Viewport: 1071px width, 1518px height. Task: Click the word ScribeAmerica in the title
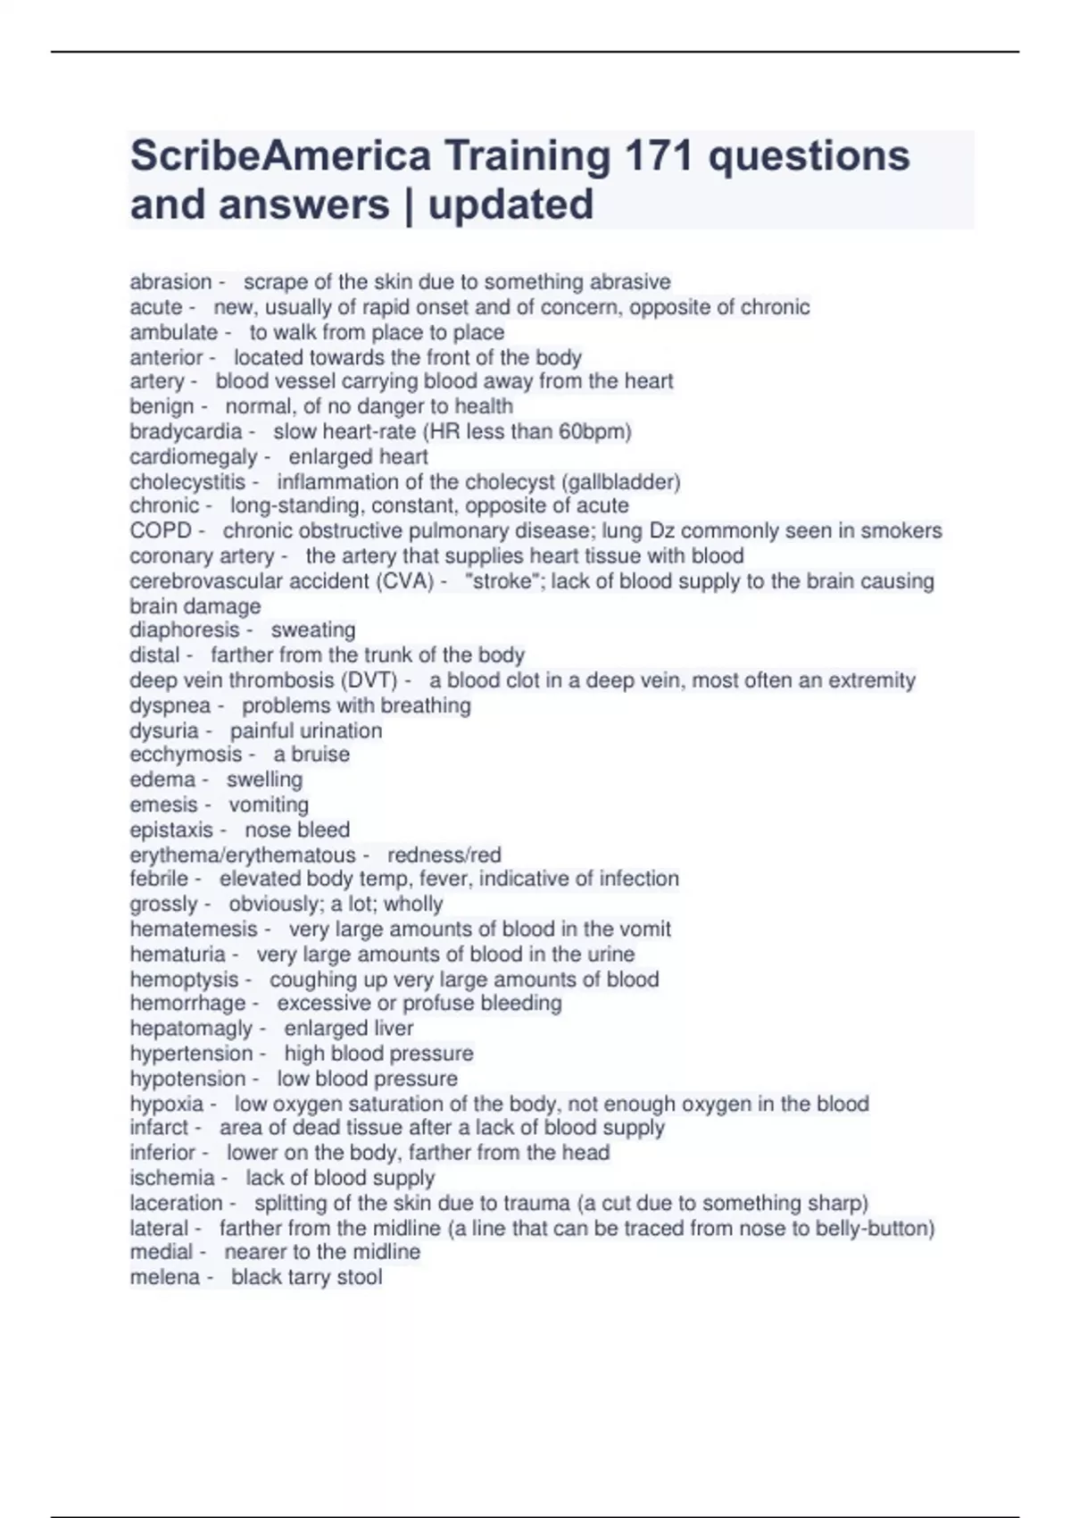click(x=280, y=156)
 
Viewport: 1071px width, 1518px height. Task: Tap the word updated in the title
click(x=511, y=204)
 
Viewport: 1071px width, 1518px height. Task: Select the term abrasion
click(x=170, y=282)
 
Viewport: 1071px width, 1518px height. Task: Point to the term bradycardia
click(x=186, y=432)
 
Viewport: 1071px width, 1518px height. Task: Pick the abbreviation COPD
click(x=160, y=531)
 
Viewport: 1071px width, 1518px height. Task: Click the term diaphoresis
click(x=185, y=630)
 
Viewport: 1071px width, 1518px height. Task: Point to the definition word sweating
click(x=313, y=630)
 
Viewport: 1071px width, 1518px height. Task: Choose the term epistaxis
click(x=171, y=830)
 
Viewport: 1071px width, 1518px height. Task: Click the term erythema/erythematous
click(x=243, y=855)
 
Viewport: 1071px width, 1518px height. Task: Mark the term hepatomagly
click(x=191, y=1029)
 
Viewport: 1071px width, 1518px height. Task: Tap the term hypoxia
click(x=167, y=1104)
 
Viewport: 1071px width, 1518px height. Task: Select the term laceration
click(x=176, y=1203)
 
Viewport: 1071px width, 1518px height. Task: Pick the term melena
click(x=165, y=1278)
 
